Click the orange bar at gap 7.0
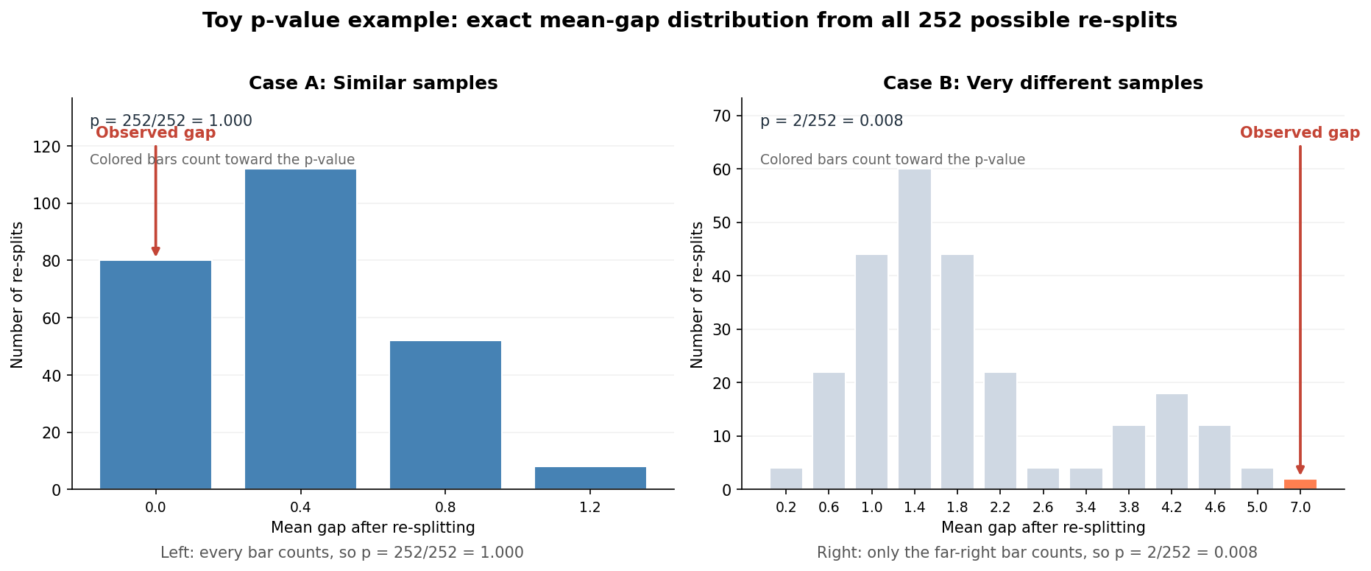pos(1300,484)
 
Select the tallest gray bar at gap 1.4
pos(914,329)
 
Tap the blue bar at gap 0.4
pos(300,329)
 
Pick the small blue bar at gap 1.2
pos(590,478)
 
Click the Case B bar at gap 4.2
pos(1172,442)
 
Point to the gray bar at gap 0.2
pos(786,479)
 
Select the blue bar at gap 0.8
pos(445,415)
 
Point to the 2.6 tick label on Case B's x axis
pos(1043,508)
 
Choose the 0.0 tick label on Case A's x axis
pos(155,508)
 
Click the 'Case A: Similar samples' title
pos(373,83)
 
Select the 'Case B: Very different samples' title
pos(1043,83)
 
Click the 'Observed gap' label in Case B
pos(1300,133)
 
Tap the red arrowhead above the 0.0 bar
pos(155,251)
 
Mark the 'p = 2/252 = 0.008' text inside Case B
pos(831,121)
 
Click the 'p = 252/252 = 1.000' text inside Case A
pos(171,121)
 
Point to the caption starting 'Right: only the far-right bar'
pos(1037,553)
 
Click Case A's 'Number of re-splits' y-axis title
pos(18,294)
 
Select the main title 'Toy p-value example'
pos(690,21)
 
